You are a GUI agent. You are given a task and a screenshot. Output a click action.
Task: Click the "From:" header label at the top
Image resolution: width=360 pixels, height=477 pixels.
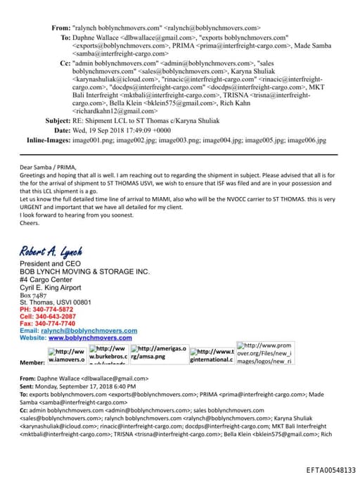point(60,27)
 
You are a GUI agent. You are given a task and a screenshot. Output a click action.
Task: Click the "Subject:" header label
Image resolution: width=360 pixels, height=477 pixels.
point(58,120)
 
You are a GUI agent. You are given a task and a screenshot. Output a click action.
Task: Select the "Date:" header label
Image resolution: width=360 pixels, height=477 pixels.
point(61,130)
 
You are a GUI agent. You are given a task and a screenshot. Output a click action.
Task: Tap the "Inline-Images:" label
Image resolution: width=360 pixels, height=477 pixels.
point(49,140)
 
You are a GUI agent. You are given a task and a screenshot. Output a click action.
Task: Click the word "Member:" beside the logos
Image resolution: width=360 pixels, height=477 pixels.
point(32,362)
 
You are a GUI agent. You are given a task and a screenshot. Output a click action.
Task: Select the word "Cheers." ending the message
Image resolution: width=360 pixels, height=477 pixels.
point(30,222)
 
